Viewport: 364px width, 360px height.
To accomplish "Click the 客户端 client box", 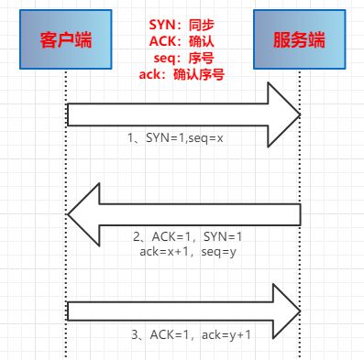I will click(x=67, y=40).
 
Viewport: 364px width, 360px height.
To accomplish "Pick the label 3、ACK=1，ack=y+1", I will click(x=189, y=335).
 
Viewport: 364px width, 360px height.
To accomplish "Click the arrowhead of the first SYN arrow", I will click(x=283, y=113).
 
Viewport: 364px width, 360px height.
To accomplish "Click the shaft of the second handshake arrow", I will click(x=202, y=214).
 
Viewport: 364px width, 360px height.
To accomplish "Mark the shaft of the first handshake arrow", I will click(x=165, y=113).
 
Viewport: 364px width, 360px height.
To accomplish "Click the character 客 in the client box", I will click(x=50, y=40).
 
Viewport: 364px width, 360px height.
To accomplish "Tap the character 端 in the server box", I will click(x=318, y=40).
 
